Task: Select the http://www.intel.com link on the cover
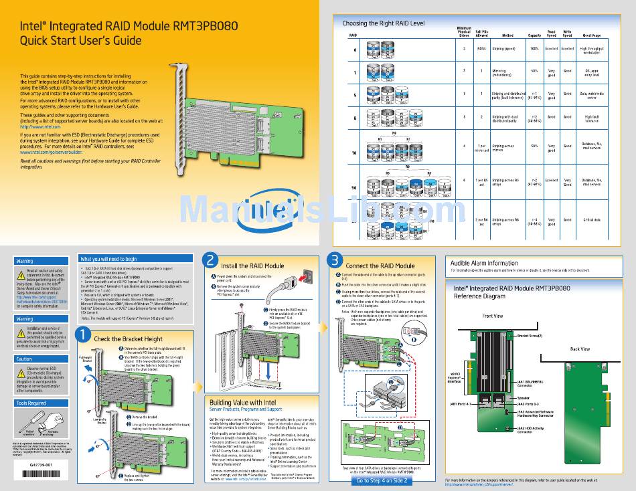pos(40,126)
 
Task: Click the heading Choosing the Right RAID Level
pos(384,23)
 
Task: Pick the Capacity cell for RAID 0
pos(534,49)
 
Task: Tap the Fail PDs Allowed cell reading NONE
pos(481,49)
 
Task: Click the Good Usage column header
pos(591,34)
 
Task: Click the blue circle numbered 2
pos(212,260)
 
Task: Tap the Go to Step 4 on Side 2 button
pos(380,480)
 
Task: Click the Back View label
pos(580,349)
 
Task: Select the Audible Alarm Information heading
pos(484,263)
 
